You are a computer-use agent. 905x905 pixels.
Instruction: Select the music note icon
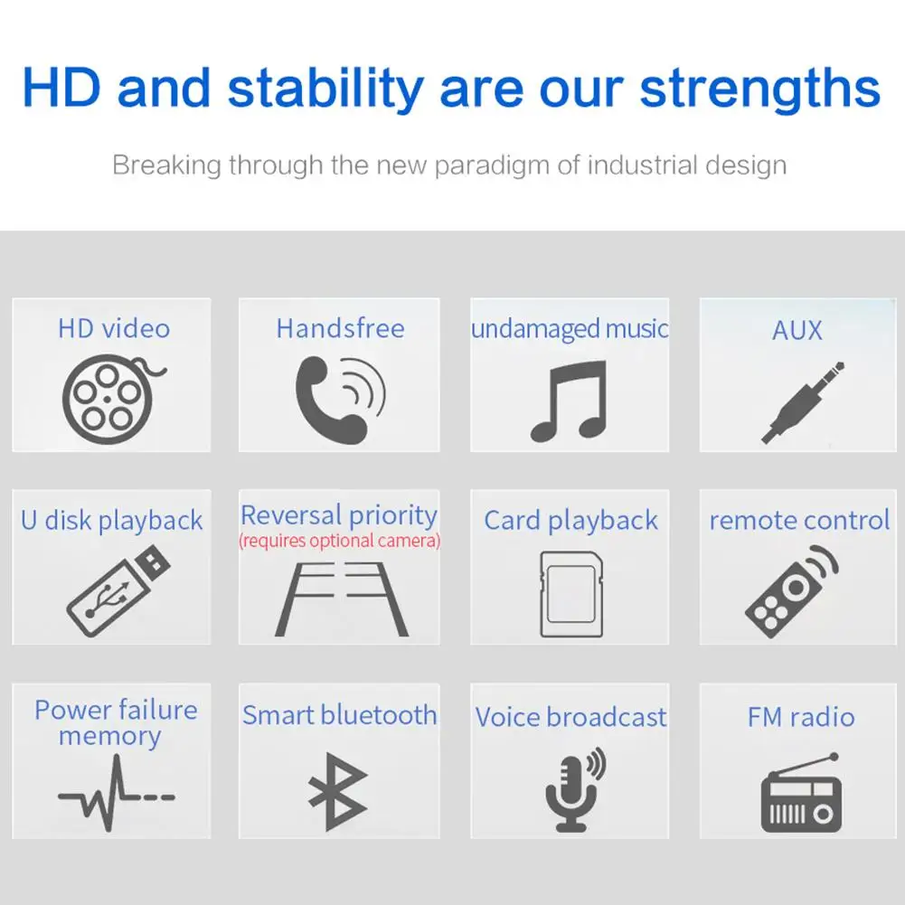569,401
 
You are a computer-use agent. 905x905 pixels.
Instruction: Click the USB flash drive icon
118,590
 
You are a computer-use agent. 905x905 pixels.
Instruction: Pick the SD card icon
571,595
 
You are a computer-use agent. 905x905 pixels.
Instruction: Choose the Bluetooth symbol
337,791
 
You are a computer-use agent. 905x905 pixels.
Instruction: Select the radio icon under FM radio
801,793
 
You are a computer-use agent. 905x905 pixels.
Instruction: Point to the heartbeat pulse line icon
116,794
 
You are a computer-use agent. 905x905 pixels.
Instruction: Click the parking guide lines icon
342,599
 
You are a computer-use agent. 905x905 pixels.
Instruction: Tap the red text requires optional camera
339,541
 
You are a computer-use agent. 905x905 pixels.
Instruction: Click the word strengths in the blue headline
759,89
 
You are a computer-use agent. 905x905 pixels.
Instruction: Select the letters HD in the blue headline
61,87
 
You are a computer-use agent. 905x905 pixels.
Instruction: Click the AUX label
797,330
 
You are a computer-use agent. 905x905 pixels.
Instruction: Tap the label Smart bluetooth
339,715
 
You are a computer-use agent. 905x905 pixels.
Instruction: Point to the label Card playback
570,521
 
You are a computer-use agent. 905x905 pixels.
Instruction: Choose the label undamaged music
570,329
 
